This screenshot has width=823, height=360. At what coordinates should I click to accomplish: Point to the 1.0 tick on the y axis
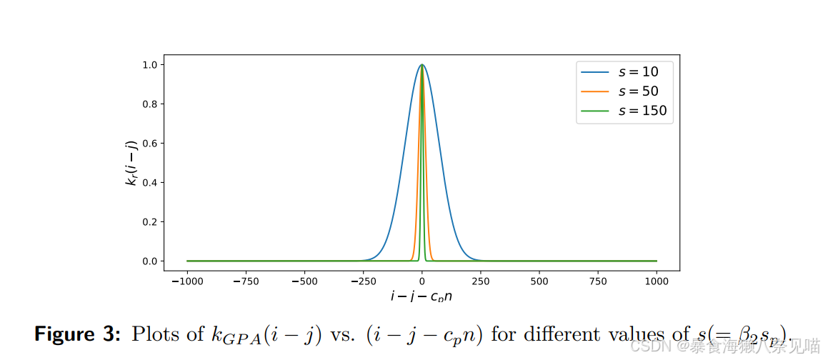149,65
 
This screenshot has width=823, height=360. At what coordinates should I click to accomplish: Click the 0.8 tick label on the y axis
149,104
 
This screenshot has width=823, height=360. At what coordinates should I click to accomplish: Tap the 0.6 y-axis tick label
149,144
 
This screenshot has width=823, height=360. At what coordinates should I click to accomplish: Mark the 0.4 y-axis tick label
149,183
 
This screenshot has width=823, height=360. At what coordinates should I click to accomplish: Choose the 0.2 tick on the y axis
149,222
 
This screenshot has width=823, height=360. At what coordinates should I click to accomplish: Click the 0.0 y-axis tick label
149,261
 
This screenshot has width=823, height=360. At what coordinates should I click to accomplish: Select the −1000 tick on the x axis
186,281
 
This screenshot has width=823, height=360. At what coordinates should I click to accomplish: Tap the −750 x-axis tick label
245,281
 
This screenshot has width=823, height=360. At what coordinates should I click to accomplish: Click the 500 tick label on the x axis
539,281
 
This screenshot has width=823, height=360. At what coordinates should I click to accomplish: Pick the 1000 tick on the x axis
656,281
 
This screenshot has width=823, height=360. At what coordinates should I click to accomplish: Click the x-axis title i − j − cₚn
422,296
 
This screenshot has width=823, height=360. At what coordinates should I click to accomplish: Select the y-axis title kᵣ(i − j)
132,163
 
